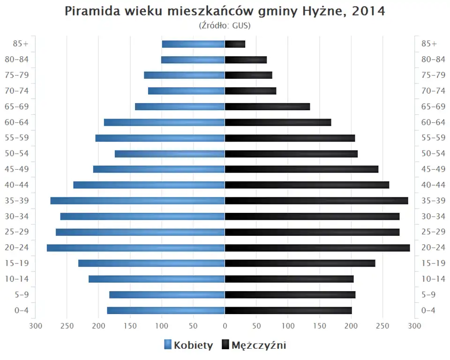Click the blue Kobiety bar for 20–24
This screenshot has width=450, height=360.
(136, 247)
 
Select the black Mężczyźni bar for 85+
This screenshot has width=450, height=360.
(235, 44)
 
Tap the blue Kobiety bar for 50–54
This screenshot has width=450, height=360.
(170, 154)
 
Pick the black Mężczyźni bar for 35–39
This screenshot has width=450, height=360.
(316, 201)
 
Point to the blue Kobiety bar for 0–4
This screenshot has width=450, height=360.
(166, 310)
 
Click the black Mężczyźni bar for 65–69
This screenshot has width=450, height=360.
(267, 106)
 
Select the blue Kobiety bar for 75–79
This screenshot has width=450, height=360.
(184, 75)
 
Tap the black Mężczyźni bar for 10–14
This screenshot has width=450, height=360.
(289, 279)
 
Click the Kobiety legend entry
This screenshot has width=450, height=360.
(188, 345)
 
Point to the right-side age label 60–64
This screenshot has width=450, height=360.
(433, 122)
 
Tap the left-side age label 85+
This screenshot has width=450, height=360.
(21, 44)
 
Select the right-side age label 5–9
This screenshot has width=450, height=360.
(429, 294)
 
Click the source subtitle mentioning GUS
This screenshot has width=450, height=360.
(225, 25)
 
